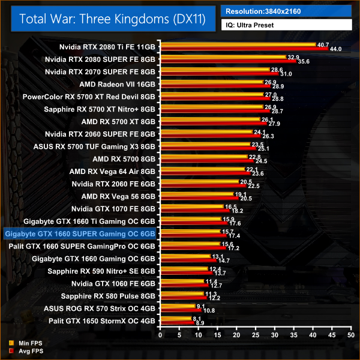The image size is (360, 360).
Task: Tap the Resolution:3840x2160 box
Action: coord(286,11)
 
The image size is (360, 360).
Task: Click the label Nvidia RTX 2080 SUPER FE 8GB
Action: coord(100,59)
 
